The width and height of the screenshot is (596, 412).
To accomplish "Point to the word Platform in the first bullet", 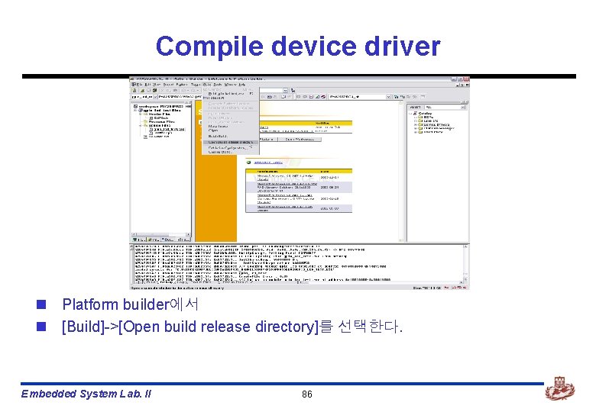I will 90,305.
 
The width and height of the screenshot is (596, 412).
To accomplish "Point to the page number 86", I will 307,394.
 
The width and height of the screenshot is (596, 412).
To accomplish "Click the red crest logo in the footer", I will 559,391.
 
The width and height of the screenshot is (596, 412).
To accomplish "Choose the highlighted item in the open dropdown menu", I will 230,143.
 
